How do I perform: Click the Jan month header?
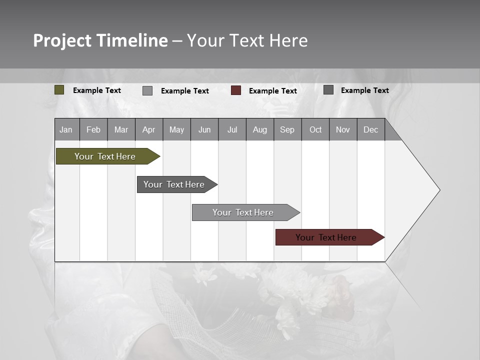(66, 129)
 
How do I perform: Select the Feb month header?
(93, 129)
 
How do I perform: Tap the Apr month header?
(148, 129)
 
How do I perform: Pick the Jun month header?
(204, 129)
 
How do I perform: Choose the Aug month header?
(259, 129)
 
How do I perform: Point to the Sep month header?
(287, 129)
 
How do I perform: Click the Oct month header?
(315, 129)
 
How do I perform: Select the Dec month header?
(370, 129)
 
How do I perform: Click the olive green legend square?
(59, 90)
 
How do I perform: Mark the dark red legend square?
(236, 90)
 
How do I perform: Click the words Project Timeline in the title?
(100, 40)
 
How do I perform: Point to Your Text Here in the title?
(247, 40)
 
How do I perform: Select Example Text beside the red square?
(272, 91)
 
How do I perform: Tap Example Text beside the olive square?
(97, 90)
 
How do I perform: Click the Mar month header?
(121, 129)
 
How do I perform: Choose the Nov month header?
(343, 129)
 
